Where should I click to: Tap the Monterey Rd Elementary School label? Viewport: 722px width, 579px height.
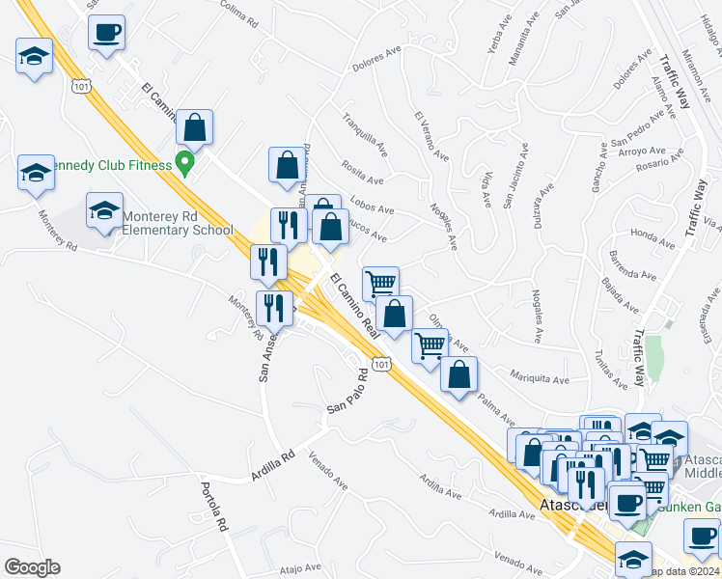[177, 223]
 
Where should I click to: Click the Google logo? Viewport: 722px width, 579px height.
[32, 567]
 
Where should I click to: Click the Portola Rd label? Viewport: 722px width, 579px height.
[213, 508]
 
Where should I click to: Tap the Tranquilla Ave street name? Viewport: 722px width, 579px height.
[365, 134]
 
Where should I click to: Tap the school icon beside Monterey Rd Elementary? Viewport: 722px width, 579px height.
[104, 213]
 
